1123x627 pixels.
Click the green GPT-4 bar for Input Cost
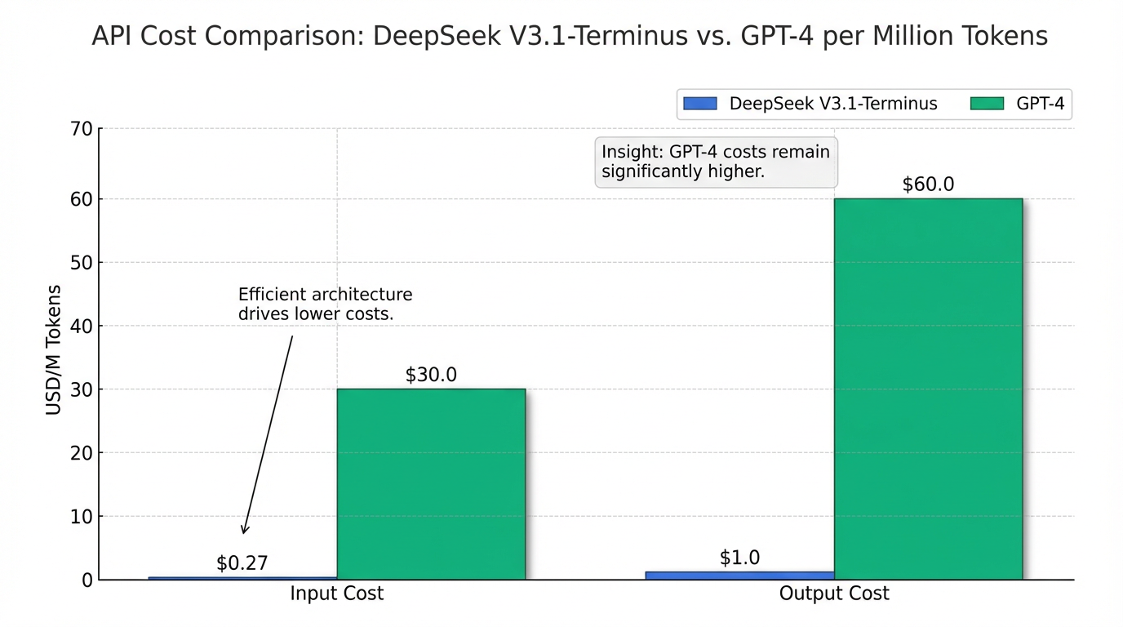(x=431, y=484)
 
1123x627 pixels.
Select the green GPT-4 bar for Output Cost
(x=928, y=389)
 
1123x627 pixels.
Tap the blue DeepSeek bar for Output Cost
(x=739, y=576)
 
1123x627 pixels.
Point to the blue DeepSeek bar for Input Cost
(x=242, y=578)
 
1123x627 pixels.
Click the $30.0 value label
(x=431, y=375)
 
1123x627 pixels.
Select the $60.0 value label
(x=928, y=185)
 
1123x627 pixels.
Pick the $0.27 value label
(x=242, y=563)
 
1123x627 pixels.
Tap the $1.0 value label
(x=739, y=558)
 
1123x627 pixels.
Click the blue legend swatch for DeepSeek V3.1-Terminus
(x=699, y=104)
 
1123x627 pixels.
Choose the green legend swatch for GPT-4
(x=985, y=104)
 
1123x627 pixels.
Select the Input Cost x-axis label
(x=336, y=594)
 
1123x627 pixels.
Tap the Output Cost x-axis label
(x=834, y=594)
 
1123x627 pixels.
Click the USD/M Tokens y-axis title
(x=54, y=350)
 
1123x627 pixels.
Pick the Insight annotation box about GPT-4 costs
(x=716, y=162)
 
